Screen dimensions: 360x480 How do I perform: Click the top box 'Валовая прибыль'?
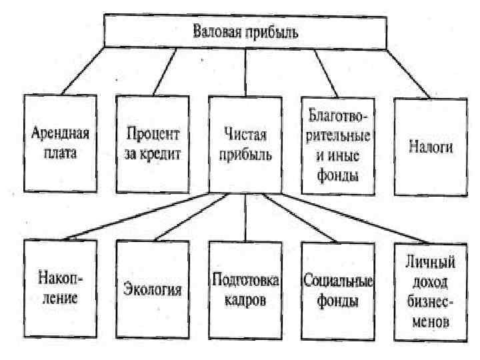pos(245,31)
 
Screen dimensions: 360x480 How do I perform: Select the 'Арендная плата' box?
pos(60,143)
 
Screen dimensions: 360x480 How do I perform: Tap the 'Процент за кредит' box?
pos(153,143)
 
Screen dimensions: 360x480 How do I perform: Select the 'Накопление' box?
pos(60,287)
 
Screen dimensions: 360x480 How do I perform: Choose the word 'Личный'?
pos(430,260)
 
